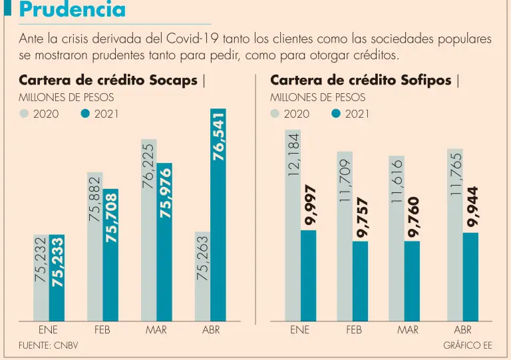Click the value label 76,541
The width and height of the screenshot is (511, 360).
pyautogui.click(x=218, y=136)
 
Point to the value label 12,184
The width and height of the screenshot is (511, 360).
pyautogui.click(x=292, y=154)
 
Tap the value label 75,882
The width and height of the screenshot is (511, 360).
pyautogui.click(x=94, y=198)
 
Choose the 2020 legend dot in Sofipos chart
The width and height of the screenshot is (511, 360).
pyautogui.click(x=275, y=114)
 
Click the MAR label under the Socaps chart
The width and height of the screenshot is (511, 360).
pyautogui.click(x=156, y=329)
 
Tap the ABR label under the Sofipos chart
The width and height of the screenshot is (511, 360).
pyautogui.click(x=463, y=329)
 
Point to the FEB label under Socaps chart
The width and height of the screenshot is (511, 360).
pyautogui.click(x=102, y=329)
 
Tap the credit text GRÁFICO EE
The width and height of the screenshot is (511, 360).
pyautogui.click(x=468, y=345)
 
